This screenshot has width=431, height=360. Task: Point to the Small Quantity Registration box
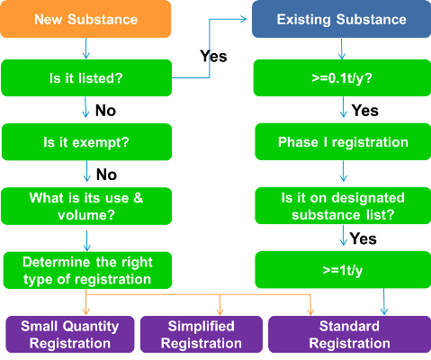tap(69, 334)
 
